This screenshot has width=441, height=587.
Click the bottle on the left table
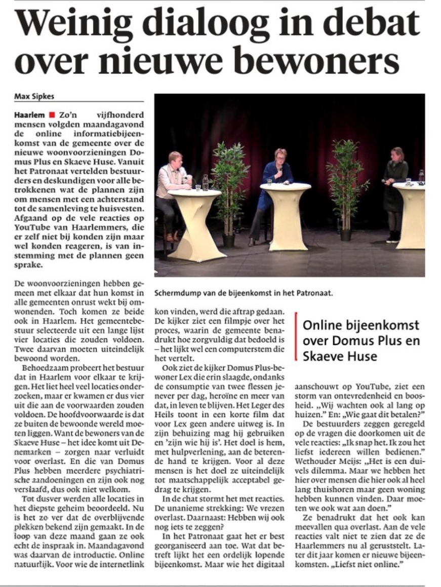point(205,181)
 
